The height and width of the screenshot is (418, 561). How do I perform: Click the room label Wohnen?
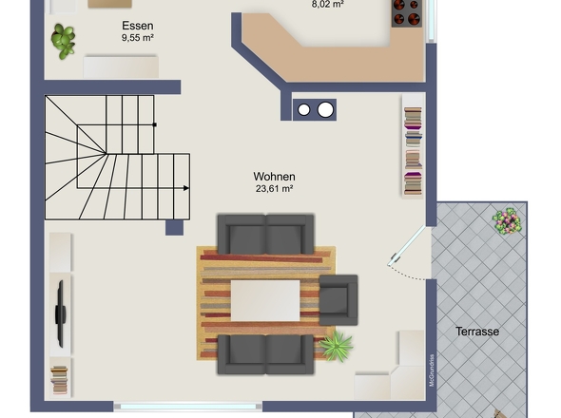point(274,177)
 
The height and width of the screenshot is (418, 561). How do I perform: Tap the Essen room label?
point(138,26)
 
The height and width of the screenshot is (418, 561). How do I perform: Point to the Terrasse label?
point(477,332)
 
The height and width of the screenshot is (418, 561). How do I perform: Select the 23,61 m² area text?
point(275,188)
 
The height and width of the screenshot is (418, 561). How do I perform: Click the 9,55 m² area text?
point(138,38)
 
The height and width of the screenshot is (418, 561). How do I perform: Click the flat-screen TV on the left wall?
point(61,313)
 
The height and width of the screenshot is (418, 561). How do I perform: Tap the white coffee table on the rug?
point(265,300)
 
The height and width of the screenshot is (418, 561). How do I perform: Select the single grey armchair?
point(339,299)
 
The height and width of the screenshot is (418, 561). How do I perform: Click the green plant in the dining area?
point(64,41)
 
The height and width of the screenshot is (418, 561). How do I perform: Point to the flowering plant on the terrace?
point(507,221)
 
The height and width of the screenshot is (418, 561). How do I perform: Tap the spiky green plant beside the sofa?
point(336,346)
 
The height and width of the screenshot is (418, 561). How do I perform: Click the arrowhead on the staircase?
point(186,188)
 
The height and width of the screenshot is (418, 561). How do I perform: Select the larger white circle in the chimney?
point(325,109)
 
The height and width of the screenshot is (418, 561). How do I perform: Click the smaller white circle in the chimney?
point(303,110)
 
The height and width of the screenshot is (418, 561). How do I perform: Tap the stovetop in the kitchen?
point(406,13)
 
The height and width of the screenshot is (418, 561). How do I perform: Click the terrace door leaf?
point(406,246)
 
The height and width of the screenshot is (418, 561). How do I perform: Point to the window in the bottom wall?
point(188,407)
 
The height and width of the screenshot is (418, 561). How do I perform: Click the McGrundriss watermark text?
point(432,370)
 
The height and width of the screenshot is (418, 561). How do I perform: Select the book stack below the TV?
point(59,380)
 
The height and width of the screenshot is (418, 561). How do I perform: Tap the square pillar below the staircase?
point(174,227)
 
